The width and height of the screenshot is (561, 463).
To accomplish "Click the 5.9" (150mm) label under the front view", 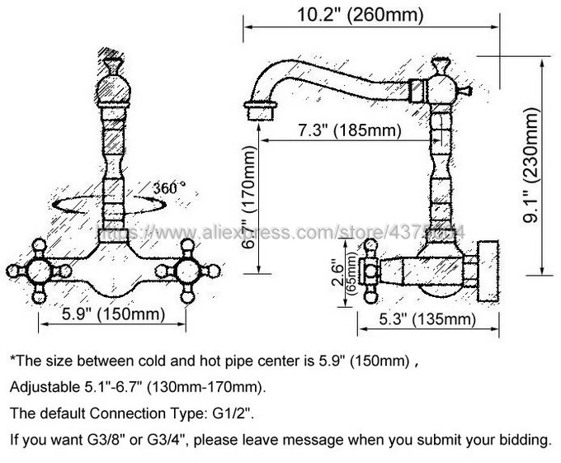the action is pos(113,314).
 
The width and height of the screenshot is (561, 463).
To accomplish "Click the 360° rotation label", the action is pos(169,189).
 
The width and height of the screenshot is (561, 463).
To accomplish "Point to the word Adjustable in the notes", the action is pos(41,387).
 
